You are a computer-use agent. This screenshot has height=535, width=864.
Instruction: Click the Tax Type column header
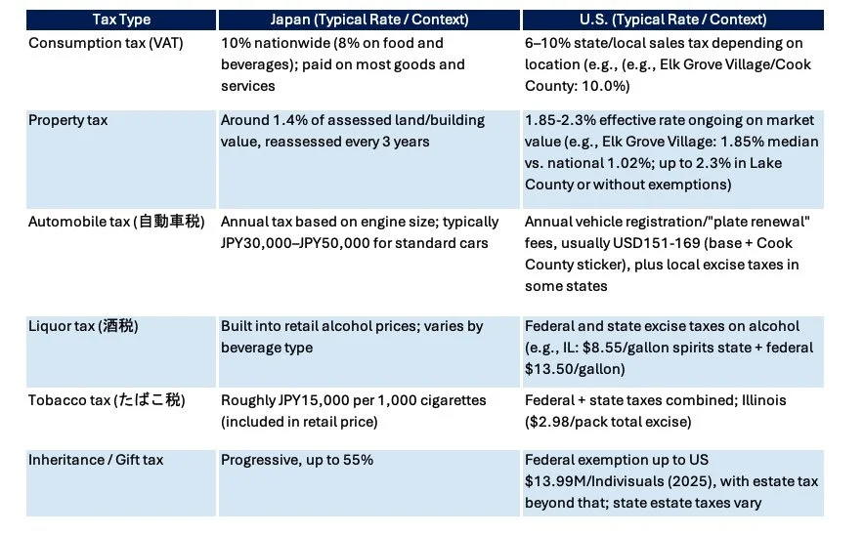(x=122, y=20)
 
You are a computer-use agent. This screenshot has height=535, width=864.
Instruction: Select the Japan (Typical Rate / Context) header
(x=368, y=20)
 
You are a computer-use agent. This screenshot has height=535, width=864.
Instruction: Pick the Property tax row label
(x=67, y=120)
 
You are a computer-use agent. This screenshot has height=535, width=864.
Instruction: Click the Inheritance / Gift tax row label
(x=96, y=460)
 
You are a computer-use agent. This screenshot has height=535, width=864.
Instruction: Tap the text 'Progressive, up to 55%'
(x=296, y=460)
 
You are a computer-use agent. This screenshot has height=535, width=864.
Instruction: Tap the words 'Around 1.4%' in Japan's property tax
(x=263, y=120)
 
